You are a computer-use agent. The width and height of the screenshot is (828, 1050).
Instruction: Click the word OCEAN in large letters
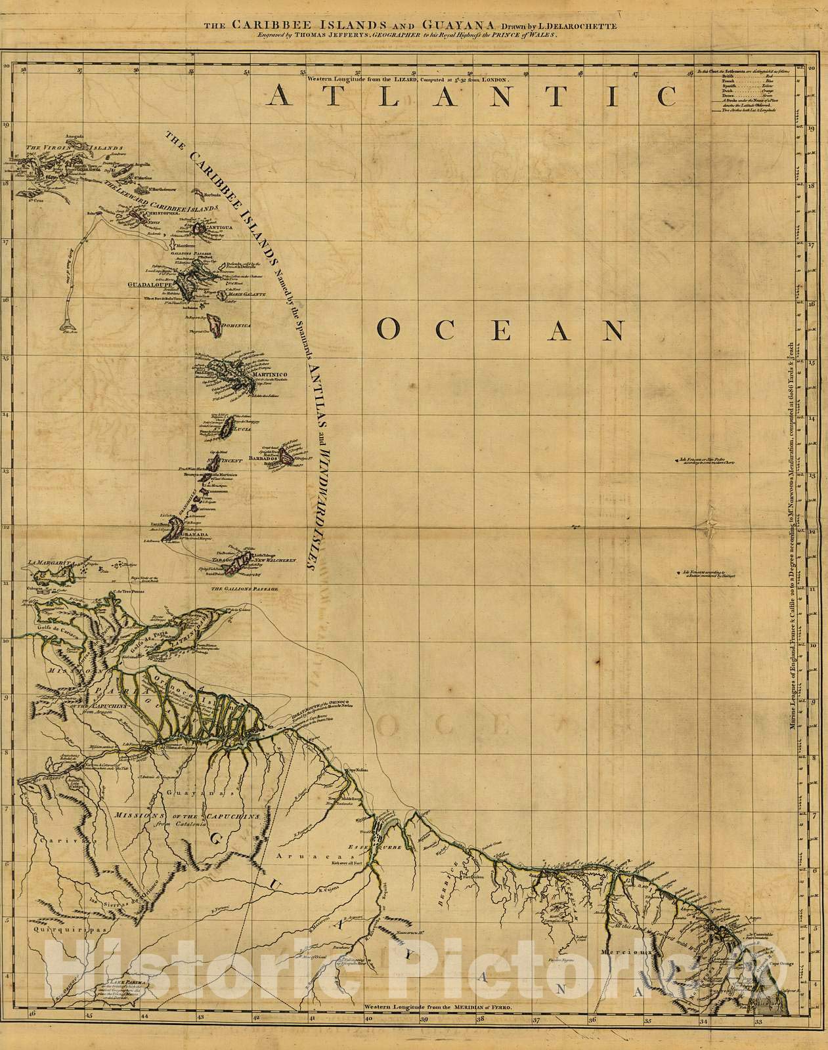[x=501, y=330]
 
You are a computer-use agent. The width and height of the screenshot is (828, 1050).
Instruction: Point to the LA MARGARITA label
[x=50, y=562]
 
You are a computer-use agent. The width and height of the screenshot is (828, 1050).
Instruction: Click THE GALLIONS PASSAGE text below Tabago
[x=244, y=589]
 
